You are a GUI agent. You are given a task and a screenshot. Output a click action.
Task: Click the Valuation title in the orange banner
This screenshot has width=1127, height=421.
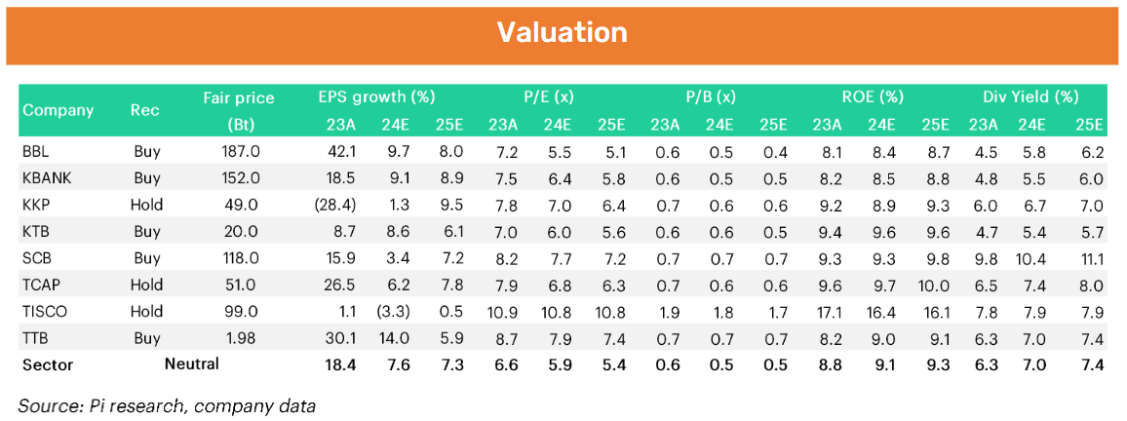point(563,32)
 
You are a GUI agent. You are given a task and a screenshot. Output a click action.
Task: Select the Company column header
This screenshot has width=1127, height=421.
point(58,110)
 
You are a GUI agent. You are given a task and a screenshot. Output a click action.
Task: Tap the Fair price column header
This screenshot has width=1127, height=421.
point(239,98)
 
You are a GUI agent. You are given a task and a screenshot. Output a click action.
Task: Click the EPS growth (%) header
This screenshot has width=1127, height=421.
point(376,97)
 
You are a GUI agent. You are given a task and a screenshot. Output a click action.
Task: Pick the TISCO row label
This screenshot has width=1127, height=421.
point(45,312)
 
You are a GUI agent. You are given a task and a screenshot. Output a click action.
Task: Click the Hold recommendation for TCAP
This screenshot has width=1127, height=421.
point(145,286)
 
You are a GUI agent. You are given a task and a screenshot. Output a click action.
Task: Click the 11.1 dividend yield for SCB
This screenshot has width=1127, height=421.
point(1090,259)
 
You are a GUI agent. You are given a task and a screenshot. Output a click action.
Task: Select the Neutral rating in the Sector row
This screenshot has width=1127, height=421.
point(191,364)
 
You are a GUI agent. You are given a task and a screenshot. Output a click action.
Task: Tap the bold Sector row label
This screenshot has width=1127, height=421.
point(48,364)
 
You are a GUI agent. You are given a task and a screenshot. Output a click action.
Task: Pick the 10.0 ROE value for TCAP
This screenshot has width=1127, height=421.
point(934,286)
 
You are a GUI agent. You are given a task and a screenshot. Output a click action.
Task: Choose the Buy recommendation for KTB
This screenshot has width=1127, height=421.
point(145,232)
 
